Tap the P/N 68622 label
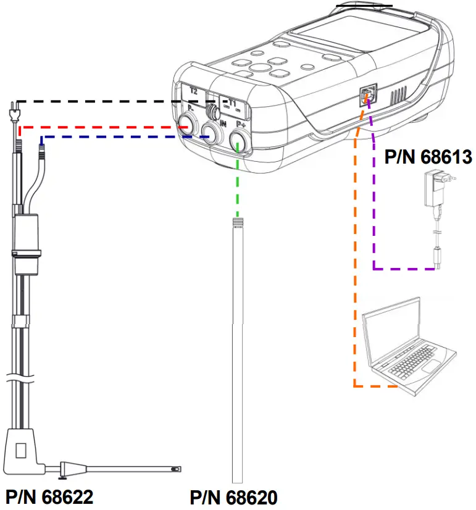[49, 496]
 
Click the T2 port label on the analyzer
[193, 91]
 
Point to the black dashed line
[111, 101]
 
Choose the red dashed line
[99, 127]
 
